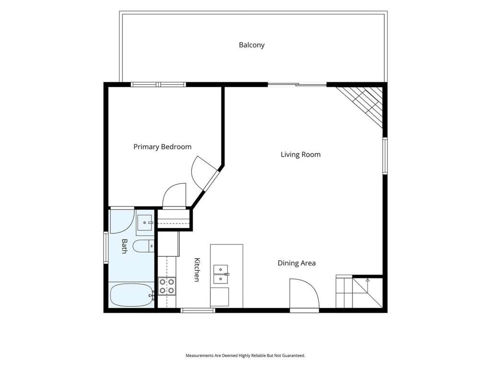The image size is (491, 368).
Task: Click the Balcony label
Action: (x=251, y=45)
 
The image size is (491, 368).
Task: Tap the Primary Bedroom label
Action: (x=162, y=147)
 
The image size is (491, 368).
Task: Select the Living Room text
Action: (x=301, y=155)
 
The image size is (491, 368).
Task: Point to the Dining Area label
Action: (x=296, y=263)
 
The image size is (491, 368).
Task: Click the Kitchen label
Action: (x=197, y=270)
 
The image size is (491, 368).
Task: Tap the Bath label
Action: (x=124, y=246)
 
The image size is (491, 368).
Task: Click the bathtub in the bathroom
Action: (x=132, y=295)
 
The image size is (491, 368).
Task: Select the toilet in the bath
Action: (x=144, y=246)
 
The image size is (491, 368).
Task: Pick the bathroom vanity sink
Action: (x=145, y=222)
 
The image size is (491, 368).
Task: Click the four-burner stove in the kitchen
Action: (x=167, y=286)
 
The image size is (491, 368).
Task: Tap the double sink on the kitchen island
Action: (x=221, y=274)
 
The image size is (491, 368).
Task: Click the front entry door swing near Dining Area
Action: (x=304, y=294)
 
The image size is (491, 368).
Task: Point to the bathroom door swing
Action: (x=122, y=222)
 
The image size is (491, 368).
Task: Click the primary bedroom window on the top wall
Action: (x=158, y=84)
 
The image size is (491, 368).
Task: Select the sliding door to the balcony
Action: (x=297, y=84)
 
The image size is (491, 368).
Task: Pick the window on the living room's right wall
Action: (x=385, y=156)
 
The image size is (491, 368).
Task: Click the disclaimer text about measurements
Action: (x=245, y=356)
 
